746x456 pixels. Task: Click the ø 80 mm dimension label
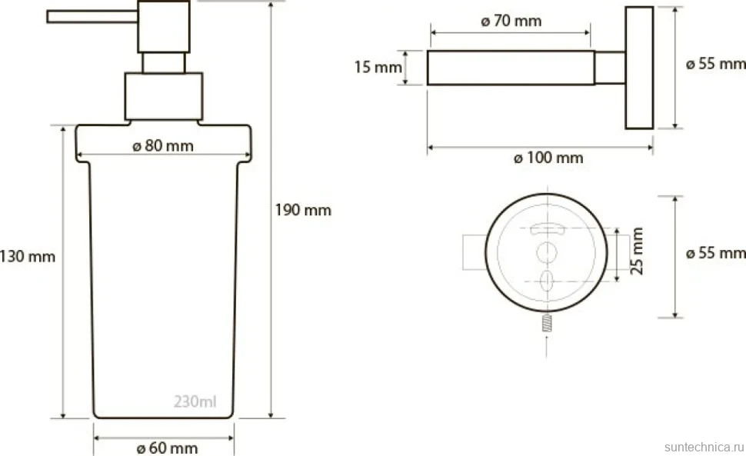point(163,145)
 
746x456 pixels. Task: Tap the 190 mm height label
point(303,210)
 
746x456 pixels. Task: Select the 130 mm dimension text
point(28,257)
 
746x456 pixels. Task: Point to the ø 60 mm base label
point(167,448)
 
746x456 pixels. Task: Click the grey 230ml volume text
point(195,402)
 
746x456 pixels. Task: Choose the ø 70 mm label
point(511,21)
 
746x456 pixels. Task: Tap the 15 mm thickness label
point(378,67)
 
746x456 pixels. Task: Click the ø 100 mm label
point(548,158)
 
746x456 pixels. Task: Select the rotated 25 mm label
point(637,251)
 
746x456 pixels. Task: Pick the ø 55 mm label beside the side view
point(715,64)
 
